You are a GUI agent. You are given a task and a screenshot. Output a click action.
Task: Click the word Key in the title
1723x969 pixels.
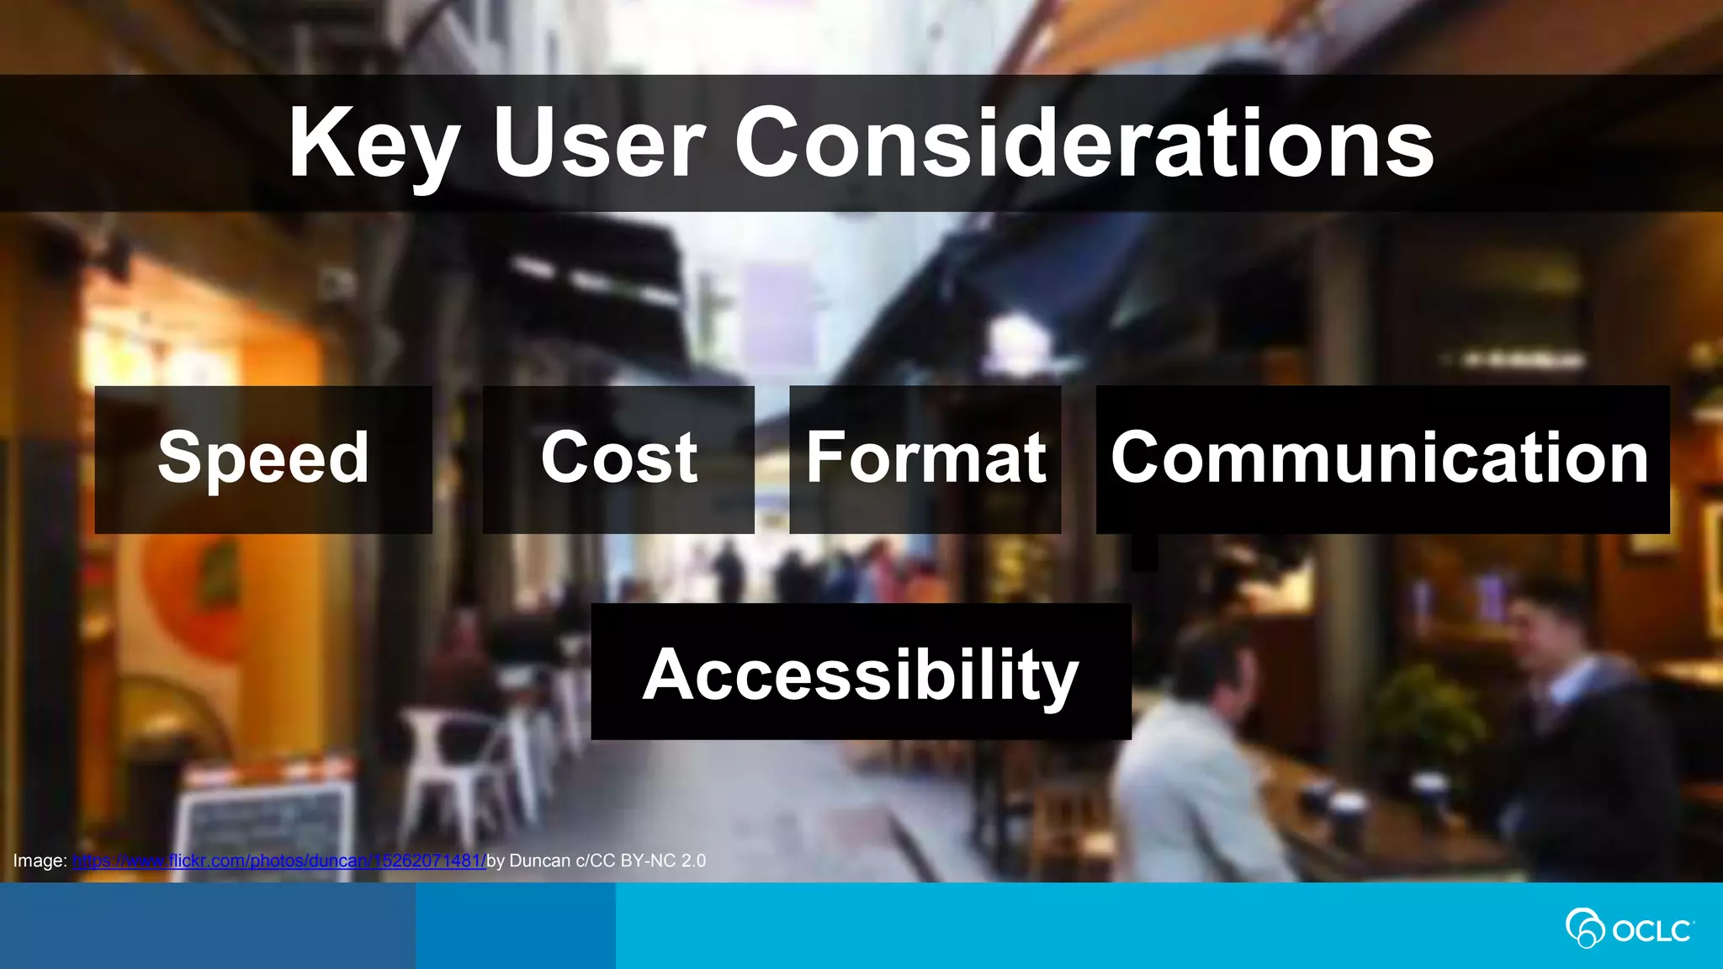click(374, 143)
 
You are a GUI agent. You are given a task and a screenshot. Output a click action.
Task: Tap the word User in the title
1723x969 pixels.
click(598, 143)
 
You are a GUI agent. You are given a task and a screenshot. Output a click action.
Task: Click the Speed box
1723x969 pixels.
click(263, 459)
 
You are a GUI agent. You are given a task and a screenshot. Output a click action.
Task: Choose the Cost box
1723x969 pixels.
click(618, 459)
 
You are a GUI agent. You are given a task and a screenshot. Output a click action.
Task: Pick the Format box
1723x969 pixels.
click(925, 459)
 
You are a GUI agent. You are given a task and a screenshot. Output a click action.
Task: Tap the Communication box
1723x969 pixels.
click(1381, 459)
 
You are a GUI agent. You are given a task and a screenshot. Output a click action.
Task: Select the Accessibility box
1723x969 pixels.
click(861, 672)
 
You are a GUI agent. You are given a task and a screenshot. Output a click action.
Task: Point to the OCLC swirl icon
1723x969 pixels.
click(1584, 928)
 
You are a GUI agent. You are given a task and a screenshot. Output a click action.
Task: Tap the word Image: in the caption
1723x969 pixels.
click(40, 860)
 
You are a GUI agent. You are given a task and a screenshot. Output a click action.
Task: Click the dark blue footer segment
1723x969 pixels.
click(207, 926)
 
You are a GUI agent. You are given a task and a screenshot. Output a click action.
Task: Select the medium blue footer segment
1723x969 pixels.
click(515, 926)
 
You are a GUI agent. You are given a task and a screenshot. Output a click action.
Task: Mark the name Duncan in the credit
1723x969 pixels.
click(539, 860)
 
